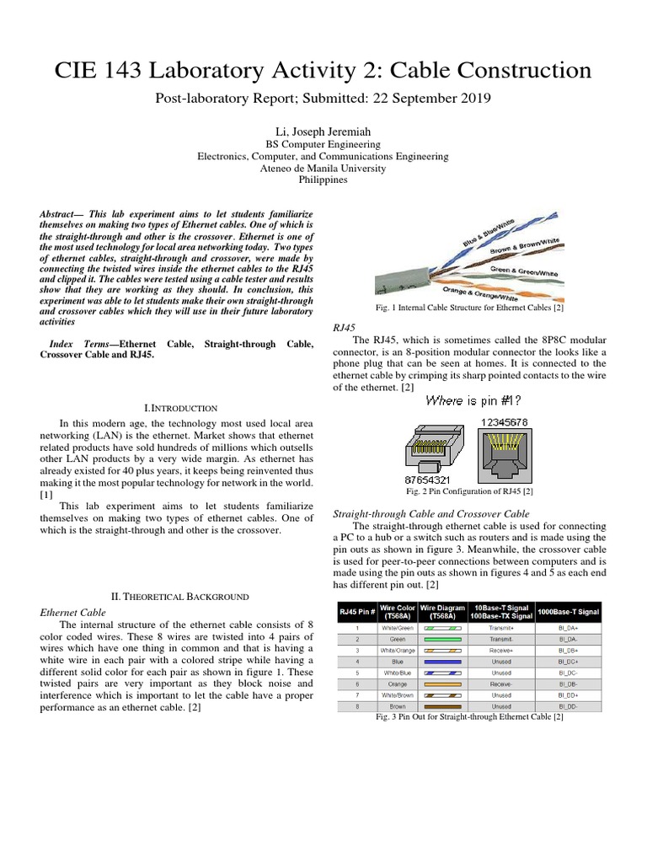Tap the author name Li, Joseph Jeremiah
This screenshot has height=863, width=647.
click(x=323, y=131)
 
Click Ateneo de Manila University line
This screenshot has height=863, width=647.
click(x=323, y=168)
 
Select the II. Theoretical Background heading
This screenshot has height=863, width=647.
click(x=181, y=597)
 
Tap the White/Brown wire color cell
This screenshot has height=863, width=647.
click(x=397, y=695)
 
